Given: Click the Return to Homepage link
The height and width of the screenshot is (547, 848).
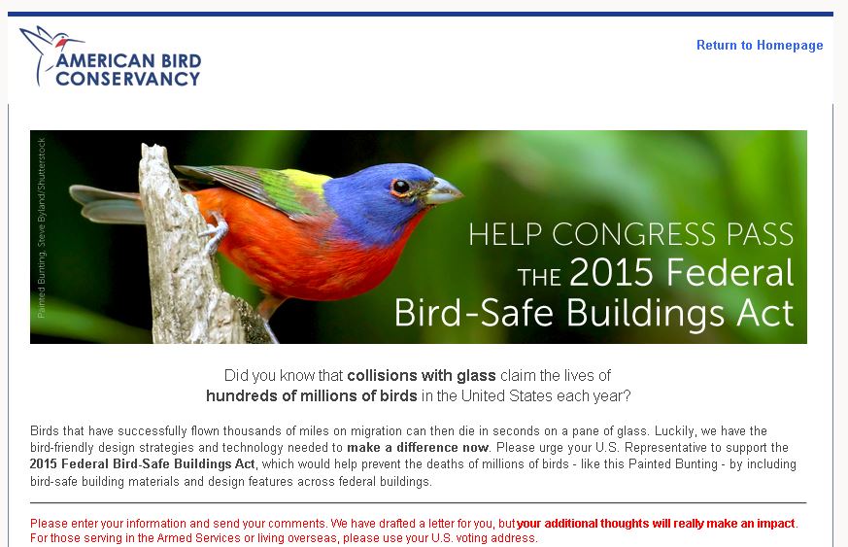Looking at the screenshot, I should click(759, 46).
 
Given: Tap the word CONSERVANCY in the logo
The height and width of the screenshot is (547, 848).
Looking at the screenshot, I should click(127, 79).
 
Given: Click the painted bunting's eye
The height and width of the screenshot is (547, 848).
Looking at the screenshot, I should click(399, 187).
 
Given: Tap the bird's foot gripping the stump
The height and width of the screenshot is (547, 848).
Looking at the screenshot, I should click(216, 232).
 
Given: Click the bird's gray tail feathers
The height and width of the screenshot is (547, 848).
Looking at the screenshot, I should click(107, 203).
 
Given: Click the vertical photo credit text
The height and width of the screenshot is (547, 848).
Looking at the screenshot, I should click(42, 227).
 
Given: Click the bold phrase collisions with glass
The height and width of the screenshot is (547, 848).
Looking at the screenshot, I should click(422, 375).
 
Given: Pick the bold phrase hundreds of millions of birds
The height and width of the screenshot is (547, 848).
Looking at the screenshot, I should click(311, 395).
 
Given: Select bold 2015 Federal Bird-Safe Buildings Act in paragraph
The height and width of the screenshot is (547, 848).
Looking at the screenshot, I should click(143, 464).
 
